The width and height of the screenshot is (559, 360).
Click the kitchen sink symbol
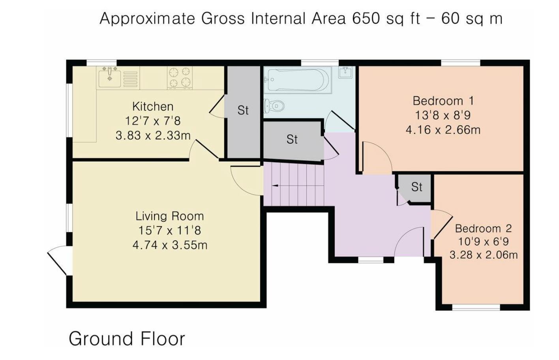point(110,77)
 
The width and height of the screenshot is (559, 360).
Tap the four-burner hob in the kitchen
point(180,77)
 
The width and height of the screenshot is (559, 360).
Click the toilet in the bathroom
point(275,106)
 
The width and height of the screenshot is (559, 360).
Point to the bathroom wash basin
point(345,71)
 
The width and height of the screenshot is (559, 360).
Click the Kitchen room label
point(153,107)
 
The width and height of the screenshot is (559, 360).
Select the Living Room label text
point(170,216)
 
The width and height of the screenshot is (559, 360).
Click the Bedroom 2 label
point(483,229)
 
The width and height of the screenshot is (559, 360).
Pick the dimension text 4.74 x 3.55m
point(170,245)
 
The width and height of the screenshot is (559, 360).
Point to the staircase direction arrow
point(276,185)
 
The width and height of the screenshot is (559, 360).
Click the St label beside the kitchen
point(243,111)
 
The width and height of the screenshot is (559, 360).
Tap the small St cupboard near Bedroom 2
point(416,187)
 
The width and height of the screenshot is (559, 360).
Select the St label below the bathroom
point(292,139)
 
